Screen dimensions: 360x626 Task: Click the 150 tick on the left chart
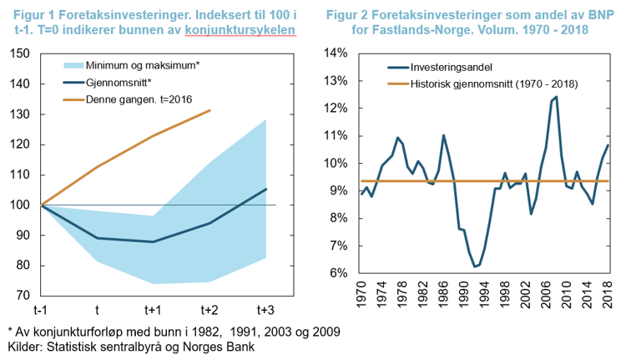coord(18,53)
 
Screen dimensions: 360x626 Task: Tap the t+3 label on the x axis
coord(265,310)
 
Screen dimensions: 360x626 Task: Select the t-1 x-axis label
coord(41,310)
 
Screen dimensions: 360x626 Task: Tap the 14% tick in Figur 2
coord(335,53)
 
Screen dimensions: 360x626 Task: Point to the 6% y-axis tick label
coord(338,273)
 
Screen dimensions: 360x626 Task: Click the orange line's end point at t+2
coord(210,110)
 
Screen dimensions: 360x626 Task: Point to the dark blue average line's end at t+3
coord(266,189)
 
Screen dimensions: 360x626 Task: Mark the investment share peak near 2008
coord(557,97)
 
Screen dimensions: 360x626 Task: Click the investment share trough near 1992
coord(475,267)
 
